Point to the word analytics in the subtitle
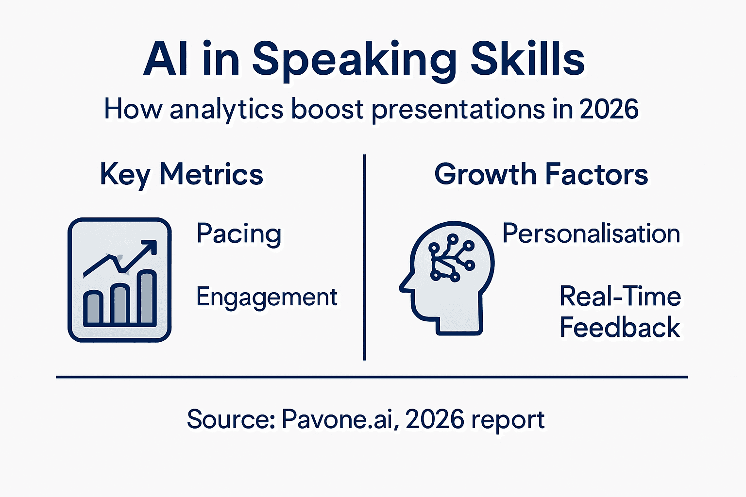[226, 110]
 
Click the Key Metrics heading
[182, 175]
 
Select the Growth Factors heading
[541, 175]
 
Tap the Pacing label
[238, 234]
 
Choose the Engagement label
[267, 297]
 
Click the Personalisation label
[591, 233]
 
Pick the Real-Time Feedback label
[620, 312]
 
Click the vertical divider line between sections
[364, 257]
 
